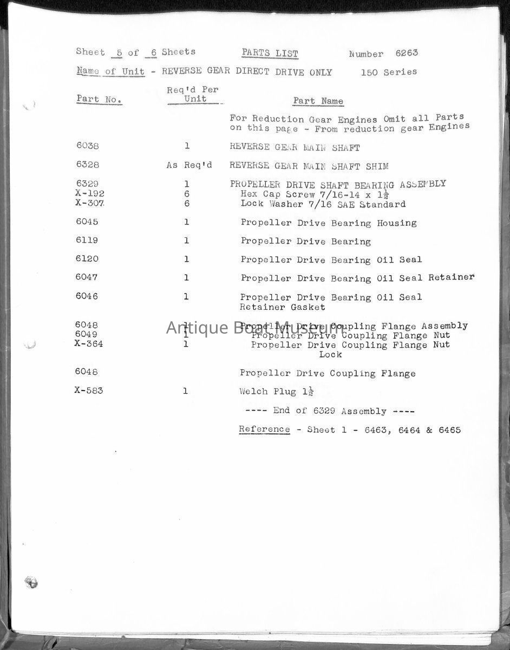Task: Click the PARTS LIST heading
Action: tap(270, 53)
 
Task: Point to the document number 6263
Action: tap(407, 54)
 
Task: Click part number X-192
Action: tap(89, 194)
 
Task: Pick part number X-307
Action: tap(89, 204)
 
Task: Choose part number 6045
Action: tap(87, 222)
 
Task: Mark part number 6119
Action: tap(87, 240)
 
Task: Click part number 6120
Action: tap(87, 259)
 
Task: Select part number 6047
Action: tap(87, 277)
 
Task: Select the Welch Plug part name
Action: tap(269, 391)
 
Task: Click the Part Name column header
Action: tap(318, 101)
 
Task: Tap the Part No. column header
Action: tap(99, 99)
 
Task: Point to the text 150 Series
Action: tap(389, 72)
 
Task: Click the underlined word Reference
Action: tap(264, 430)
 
